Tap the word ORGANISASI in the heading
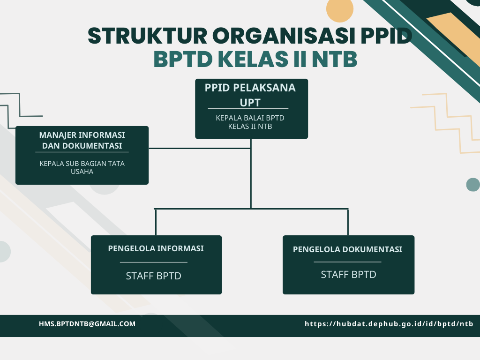point(285,36)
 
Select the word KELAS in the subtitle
point(253,59)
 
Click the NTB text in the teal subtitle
point(335,59)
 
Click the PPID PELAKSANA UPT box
point(251,109)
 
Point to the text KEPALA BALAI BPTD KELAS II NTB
point(250,122)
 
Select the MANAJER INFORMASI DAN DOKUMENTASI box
point(82,155)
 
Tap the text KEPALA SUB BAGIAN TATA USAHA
point(82,167)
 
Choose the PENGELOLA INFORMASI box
point(156,265)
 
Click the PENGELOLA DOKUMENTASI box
point(348,265)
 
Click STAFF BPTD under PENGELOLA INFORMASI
point(153,276)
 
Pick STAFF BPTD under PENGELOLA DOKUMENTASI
point(348,275)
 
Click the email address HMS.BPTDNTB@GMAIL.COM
point(87,324)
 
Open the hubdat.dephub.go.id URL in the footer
point(389,324)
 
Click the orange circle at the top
point(340,9)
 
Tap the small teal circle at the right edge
point(473,185)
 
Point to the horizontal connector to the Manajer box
point(200,149)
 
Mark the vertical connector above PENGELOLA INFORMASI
point(156,222)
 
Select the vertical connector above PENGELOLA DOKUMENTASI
point(348,222)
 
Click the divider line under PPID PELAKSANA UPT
point(248,108)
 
